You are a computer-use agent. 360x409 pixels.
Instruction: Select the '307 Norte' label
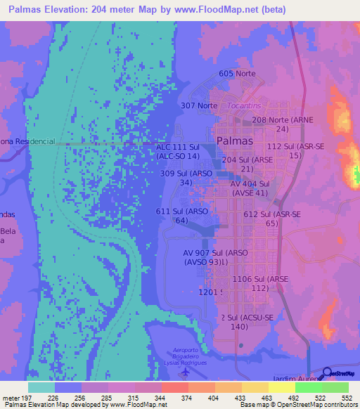199,105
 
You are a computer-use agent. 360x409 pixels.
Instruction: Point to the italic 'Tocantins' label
243,105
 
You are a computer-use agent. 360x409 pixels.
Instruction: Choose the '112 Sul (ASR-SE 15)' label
296,150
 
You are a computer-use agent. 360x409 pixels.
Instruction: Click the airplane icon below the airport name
184,369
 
